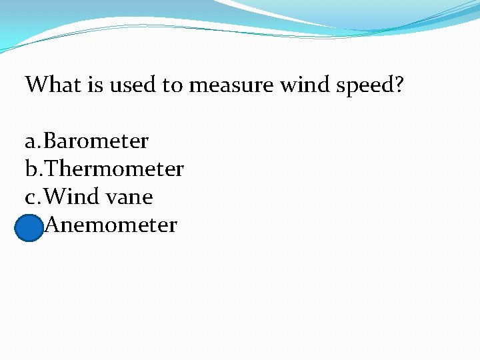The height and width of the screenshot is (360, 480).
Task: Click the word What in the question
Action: [51, 85]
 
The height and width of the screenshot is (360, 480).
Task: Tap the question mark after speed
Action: [399, 85]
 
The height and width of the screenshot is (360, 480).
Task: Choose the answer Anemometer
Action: [112, 225]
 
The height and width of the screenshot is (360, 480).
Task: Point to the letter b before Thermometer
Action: [31, 169]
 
